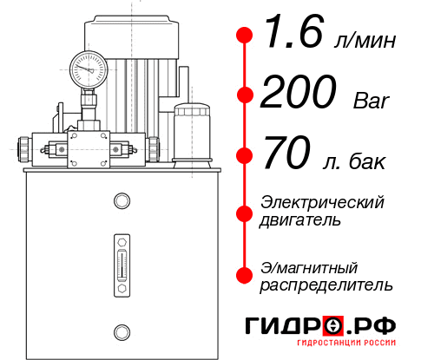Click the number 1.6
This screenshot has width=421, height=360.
click(x=292, y=35)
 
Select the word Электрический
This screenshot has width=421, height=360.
click(x=322, y=203)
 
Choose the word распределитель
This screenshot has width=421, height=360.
click(x=326, y=285)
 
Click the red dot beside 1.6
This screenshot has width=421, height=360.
click(x=245, y=36)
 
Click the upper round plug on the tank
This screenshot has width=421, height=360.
click(x=121, y=202)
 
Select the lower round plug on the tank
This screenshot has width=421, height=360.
click(x=121, y=331)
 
